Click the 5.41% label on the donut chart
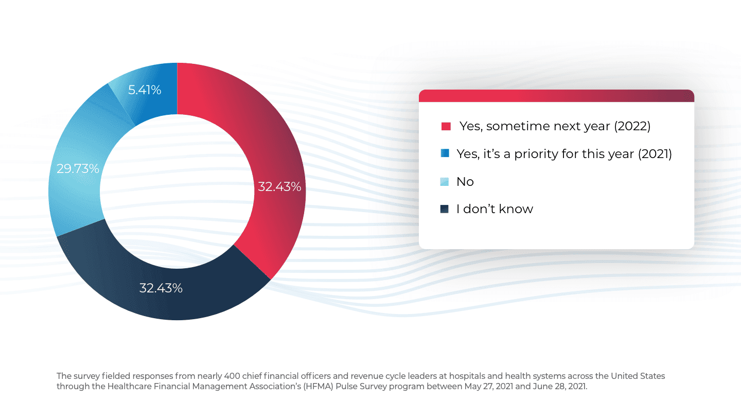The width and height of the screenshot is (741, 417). point(145,90)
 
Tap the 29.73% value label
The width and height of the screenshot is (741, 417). point(78,168)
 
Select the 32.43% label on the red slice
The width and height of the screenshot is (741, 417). point(279,186)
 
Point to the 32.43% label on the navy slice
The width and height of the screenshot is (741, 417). point(161,288)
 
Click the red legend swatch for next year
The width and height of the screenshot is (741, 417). point(446,126)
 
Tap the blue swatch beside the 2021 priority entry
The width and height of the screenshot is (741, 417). point(446,153)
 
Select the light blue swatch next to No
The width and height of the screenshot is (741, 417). point(445,182)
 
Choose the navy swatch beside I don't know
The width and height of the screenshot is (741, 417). point(445,209)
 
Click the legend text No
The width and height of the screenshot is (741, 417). point(465,182)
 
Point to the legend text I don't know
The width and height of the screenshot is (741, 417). point(495,209)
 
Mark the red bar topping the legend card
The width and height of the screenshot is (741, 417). point(556,96)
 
